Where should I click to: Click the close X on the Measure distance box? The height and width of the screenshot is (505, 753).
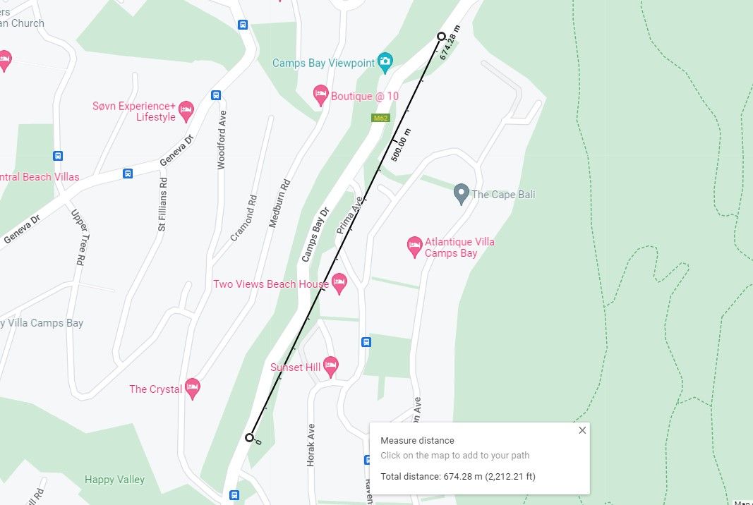click(x=582, y=430)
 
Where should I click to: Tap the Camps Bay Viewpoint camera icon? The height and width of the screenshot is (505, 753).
click(x=385, y=62)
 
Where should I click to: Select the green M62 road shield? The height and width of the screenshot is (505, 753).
click(x=381, y=118)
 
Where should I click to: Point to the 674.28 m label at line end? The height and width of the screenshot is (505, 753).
click(x=450, y=43)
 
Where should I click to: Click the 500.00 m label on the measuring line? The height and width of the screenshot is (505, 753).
click(x=400, y=145)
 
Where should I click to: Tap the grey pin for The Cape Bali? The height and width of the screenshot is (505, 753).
click(x=462, y=193)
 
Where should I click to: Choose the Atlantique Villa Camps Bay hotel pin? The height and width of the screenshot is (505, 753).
click(x=415, y=246)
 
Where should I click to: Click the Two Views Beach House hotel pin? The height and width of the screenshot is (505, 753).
click(x=339, y=284)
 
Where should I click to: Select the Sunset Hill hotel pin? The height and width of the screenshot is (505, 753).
click(x=330, y=366)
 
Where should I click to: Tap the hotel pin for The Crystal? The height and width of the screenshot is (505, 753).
click(x=192, y=388)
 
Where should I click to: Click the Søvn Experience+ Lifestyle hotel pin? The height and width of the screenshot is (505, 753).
click(x=186, y=109)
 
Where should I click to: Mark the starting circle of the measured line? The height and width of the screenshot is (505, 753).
click(x=249, y=437)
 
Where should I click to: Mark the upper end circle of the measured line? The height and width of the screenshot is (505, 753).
click(x=442, y=36)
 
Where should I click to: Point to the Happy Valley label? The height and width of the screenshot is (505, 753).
click(x=114, y=480)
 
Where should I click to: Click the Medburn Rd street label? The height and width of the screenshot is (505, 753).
click(x=279, y=202)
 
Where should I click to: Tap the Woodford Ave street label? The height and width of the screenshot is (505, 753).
click(x=222, y=140)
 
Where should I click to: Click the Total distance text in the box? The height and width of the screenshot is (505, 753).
click(x=457, y=477)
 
